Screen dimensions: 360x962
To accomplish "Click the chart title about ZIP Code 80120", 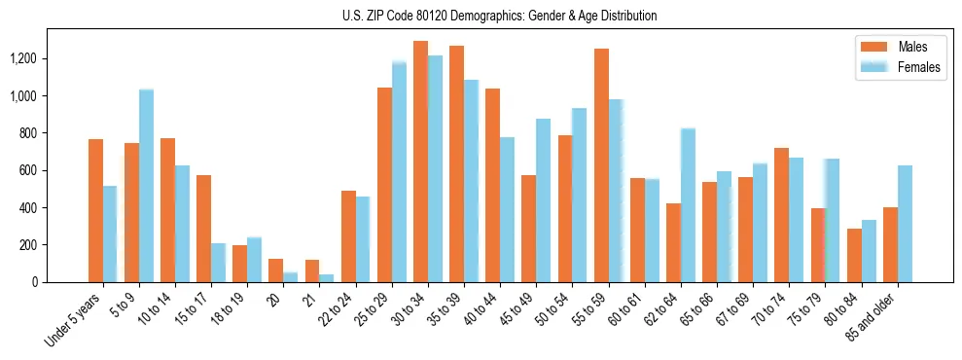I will (x=499, y=16).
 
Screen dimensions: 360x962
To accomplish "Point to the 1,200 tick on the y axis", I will (x=23, y=59).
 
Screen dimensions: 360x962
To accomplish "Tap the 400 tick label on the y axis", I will (x=28, y=208).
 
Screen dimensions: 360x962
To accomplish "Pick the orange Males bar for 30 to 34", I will (x=420, y=162).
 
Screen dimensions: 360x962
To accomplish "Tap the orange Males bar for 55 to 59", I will (x=601, y=165).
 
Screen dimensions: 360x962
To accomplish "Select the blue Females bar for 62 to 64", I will (x=688, y=205).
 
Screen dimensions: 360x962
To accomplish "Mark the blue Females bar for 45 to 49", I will (x=543, y=200).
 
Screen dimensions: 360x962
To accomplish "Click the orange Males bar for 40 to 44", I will (x=492, y=185).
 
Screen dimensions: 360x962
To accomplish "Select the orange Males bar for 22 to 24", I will (x=348, y=236).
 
